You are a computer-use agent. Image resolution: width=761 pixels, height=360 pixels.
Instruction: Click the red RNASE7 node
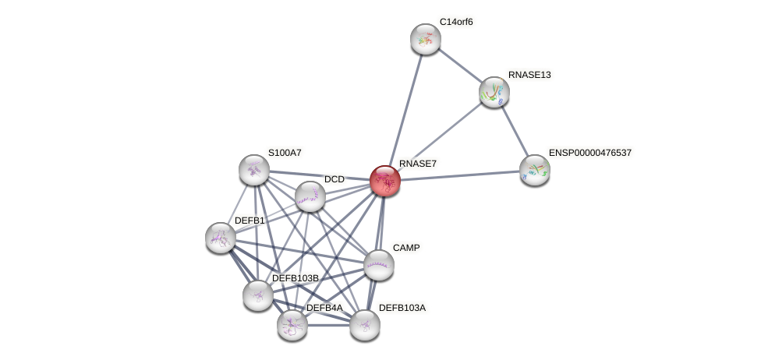click(384, 181)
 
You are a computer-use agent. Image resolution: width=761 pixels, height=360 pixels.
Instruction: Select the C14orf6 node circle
click(425, 39)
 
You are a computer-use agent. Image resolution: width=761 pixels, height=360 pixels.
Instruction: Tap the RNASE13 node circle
click(494, 92)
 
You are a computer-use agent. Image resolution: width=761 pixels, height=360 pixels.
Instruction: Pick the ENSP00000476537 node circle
click(534, 170)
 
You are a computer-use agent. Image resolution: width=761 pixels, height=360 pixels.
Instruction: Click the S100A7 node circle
click(253, 170)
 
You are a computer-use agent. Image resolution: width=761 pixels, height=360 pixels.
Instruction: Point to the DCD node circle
click(310, 196)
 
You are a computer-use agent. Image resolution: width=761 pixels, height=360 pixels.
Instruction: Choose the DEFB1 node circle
click(221, 238)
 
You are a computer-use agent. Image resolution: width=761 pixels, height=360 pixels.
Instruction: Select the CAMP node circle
click(379, 265)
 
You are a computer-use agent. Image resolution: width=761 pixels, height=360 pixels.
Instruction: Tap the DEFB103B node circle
click(258, 295)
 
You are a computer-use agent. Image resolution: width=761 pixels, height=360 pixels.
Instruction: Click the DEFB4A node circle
click(292, 325)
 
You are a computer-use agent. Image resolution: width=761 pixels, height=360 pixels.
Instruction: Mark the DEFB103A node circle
click(364, 325)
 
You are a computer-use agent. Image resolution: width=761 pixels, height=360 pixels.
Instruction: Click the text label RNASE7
click(418, 164)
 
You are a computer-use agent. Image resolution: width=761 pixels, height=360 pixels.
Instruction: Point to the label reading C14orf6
click(455, 22)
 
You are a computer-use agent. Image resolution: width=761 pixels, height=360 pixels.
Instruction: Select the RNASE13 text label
click(529, 75)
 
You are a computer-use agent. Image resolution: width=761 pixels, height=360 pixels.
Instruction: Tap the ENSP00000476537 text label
click(589, 153)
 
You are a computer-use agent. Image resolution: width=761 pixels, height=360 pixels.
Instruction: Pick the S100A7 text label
click(285, 153)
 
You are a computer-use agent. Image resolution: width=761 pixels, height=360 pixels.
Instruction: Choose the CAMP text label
click(406, 248)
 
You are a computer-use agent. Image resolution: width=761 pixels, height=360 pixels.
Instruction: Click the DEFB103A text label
click(402, 308)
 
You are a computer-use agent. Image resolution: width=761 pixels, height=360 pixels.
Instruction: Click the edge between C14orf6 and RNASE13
click(459, 65)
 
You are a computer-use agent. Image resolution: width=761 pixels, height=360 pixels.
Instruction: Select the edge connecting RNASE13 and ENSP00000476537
click(514, 131)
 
